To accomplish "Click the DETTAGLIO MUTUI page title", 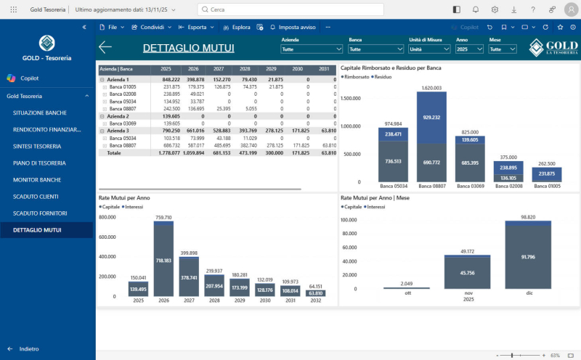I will click(188, 49).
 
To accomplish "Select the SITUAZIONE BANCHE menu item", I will click(40, 112).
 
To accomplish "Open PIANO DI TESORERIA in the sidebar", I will click(39, 163).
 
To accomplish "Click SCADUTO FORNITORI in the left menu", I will click(40, 213).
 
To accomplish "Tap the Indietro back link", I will click(29, 348).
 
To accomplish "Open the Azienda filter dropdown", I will click(312, 49).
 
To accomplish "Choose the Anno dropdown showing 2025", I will click(470, 49).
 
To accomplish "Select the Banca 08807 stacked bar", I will click(431, 138).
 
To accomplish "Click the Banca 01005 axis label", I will click(549, 187).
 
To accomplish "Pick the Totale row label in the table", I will click(114, 153).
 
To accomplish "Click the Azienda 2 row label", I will click(118, 116).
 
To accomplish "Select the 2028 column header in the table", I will click(245, 68).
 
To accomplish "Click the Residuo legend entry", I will click(383, 76).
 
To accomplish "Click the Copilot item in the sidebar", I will click(29, 78).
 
